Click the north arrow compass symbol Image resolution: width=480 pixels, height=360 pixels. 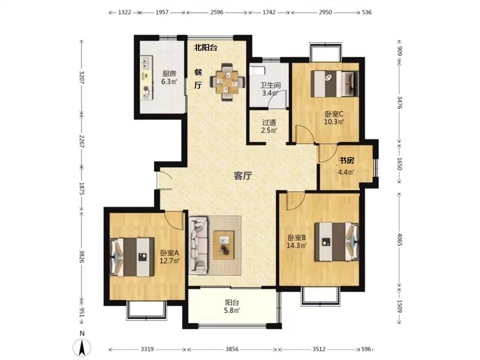point(82,348)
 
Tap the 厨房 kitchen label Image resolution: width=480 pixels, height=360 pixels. point(169,73)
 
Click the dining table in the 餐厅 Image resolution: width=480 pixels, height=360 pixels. point(227,81)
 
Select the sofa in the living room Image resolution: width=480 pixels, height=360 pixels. point(198,245)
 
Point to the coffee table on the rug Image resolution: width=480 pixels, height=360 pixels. point(224,245)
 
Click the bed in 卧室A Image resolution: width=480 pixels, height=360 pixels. point(132,257)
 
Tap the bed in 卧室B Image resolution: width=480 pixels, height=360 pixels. point(337,241)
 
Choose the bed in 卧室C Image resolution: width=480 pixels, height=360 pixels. point(335,83)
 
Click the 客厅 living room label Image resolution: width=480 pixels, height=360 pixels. point(243,176)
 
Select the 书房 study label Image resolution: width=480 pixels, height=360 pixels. point(346,160)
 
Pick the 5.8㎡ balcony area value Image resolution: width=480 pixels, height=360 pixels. point(233,311)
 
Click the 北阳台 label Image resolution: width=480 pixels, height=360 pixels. point(206,47)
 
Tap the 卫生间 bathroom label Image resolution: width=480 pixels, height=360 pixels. point(270,86)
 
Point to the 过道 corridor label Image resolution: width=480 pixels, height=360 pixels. point(269,123)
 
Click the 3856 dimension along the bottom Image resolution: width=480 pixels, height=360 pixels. point(232,349)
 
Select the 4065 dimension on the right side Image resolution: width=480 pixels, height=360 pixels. point(400,239)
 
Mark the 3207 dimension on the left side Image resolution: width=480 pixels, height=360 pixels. point(82,77)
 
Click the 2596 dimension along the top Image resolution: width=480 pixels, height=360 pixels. point(217,12)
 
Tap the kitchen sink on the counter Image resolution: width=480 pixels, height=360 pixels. point(146,62)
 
